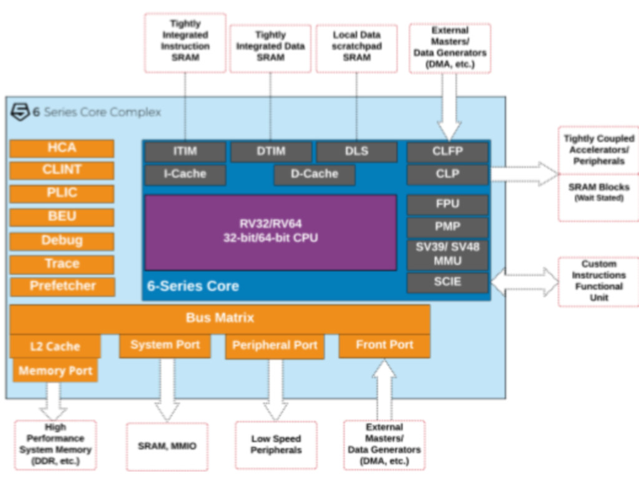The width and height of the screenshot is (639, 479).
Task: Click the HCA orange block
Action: point(62,148)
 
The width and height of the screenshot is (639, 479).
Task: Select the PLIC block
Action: point(62,193)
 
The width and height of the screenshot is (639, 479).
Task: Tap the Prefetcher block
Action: point(62,286)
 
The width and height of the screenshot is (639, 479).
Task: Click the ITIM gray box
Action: point(185,152)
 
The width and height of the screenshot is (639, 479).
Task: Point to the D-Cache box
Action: point(314,175)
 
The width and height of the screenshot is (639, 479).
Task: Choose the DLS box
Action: point(356,152)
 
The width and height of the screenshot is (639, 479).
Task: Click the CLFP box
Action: point(447,152)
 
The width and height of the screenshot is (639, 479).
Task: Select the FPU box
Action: point(447,205)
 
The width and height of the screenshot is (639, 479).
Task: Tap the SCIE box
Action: point(447,283)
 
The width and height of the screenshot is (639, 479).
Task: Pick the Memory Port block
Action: point(56,371)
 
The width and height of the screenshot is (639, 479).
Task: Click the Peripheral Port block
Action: point(275,346)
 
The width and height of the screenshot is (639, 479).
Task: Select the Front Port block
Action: point(384,346)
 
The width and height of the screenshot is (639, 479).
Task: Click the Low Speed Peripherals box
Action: point(276,445)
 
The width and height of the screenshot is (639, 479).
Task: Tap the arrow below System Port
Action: point(166,390)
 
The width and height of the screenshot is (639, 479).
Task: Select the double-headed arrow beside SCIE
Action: point(524,281)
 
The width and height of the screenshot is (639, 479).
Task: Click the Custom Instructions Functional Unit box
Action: point(598,281)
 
